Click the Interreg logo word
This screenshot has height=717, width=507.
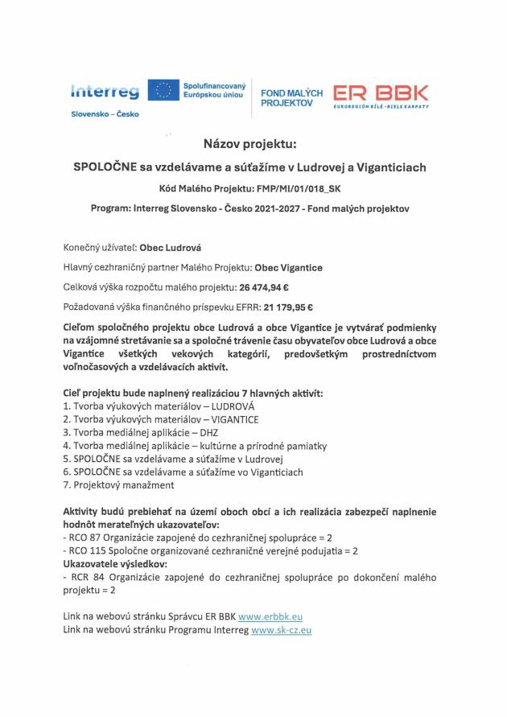coord(105,92)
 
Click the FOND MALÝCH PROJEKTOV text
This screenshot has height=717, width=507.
coord(292,98)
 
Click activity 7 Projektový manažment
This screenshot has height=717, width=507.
coord(123,484)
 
